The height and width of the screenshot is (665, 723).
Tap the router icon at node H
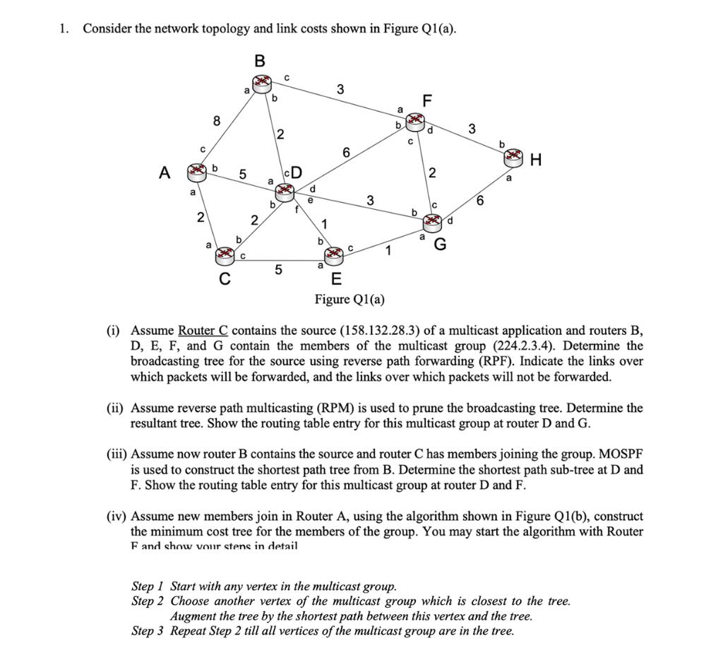coord(513,159)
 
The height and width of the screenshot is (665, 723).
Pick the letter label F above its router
coord(426,101)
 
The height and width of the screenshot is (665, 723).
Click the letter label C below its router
coord(225,279)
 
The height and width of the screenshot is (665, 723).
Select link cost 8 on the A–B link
coord(217,121)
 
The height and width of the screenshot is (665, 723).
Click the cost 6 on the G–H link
coord(480,201)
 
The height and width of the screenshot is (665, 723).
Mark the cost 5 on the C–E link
coord(278,269)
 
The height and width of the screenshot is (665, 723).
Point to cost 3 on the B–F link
coord(341,89)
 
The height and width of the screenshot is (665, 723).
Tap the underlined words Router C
coord(203,331)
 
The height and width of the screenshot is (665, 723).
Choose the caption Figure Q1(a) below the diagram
coord(349,299)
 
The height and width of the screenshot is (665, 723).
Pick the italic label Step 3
coord(148,631)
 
